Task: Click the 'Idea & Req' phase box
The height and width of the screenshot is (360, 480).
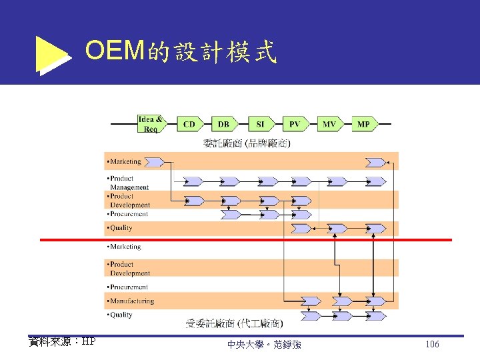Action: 150,124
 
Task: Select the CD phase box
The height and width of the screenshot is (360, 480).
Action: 190,124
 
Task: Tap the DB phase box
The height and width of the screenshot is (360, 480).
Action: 224,124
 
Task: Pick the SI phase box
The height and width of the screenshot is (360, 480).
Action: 260,124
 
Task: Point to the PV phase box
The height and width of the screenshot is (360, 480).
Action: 295,124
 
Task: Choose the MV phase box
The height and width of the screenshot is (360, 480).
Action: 329,124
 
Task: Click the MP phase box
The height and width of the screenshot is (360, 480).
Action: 364,124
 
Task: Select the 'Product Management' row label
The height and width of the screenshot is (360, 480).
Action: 129,183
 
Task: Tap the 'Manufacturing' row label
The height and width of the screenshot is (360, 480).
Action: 131,301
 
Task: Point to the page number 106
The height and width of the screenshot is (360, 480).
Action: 432,344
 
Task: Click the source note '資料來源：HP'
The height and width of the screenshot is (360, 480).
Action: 62,341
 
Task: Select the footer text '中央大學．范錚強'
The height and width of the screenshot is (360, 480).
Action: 264,345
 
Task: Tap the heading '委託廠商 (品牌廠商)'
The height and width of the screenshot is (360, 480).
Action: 247,143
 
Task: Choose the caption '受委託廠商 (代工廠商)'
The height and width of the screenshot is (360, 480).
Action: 234,324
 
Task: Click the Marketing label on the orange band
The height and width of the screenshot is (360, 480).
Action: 125,161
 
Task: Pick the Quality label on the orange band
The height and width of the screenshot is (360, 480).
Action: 121,228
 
